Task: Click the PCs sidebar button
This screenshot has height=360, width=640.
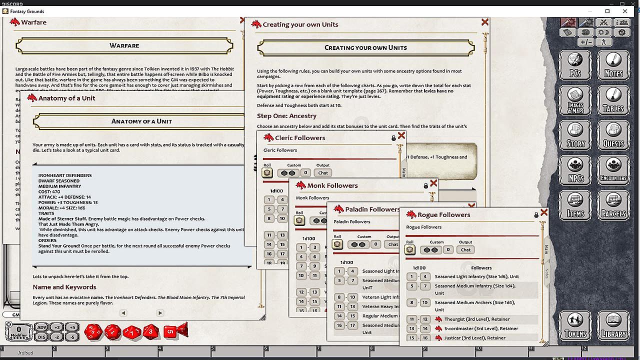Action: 575,65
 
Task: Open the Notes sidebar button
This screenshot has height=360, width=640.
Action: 613,65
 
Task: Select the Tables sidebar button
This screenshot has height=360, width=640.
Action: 613,100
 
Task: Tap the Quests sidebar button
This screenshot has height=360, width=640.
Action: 613,135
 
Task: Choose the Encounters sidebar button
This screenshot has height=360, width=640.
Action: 613,170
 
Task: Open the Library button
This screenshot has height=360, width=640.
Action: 613,326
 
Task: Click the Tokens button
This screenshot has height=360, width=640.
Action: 575,326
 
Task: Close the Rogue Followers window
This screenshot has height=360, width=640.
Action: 544,212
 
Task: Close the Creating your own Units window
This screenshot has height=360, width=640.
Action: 484,22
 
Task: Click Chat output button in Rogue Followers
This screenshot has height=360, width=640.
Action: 465,249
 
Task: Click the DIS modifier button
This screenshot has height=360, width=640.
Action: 42,336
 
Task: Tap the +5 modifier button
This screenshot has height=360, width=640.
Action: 72,327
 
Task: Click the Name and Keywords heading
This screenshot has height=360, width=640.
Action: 64,287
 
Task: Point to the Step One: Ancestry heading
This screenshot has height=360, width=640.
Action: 286,116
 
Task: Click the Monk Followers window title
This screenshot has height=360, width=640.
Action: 332,185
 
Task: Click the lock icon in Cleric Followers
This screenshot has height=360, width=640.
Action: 393,138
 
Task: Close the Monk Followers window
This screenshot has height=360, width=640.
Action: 433,183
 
